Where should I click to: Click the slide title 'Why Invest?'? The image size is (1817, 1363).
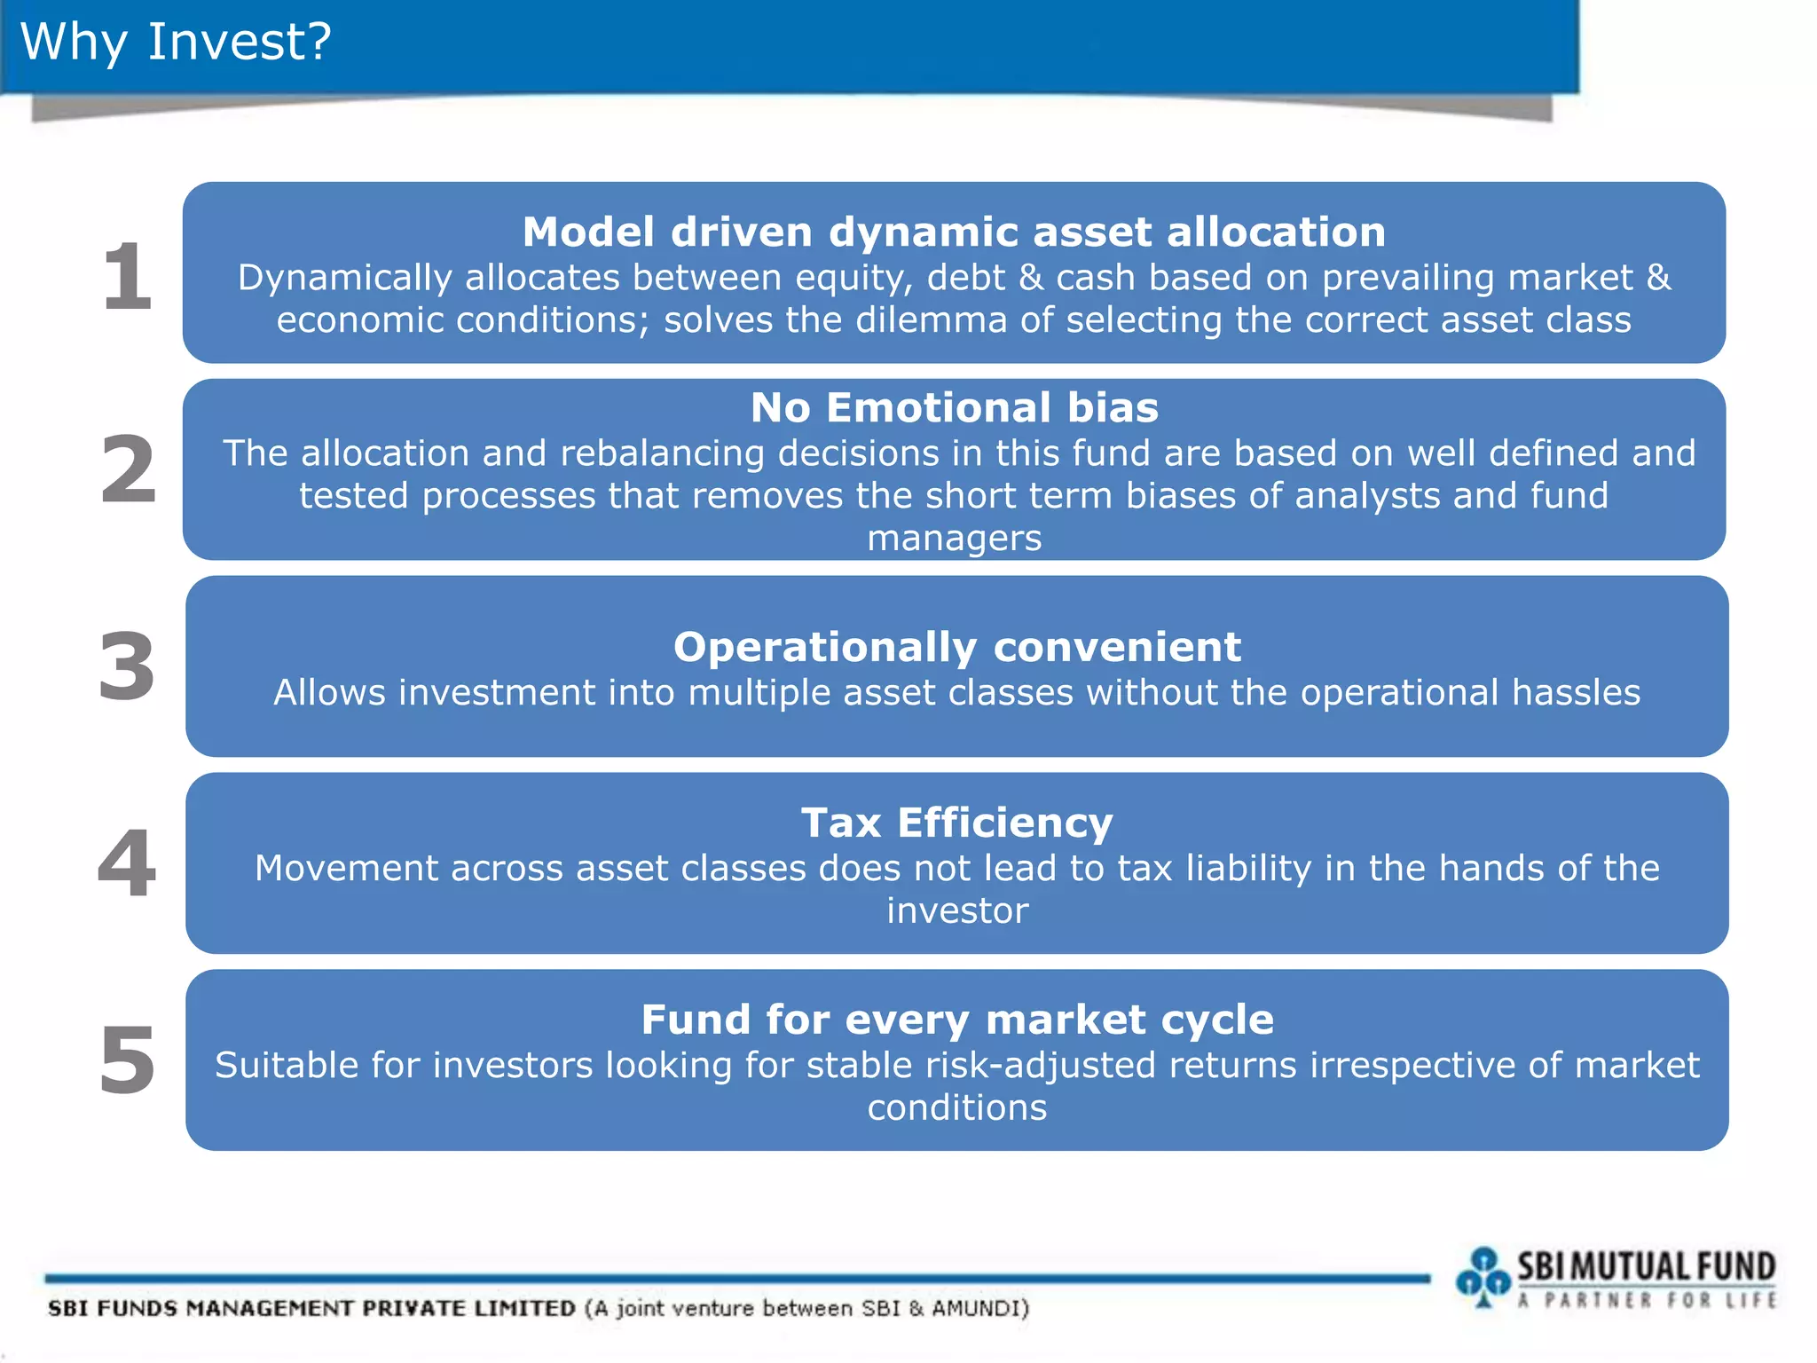pos(176,42)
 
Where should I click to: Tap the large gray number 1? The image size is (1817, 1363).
pos(127,277)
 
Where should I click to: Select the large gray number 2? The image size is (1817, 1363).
pos(128,469)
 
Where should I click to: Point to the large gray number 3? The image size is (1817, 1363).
pos(127,666)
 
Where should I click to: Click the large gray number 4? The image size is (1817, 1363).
pos(127,863)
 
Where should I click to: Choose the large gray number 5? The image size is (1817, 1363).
pos(127,1060)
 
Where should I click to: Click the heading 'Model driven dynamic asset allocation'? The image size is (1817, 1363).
pos(954,232)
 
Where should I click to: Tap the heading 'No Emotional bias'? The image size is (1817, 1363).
pos(954,408)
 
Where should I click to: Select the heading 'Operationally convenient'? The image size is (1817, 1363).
pos(956,647)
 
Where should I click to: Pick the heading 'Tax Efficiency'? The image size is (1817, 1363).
pos(956,823)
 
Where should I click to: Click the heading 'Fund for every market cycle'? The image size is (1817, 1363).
pos(956,1020)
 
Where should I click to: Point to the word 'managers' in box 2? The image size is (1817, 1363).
pos(954,539)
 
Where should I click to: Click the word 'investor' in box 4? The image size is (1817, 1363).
pos(956,911)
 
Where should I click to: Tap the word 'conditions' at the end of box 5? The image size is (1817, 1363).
pos(956,1108)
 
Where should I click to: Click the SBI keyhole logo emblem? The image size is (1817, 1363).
pos(1483,1277)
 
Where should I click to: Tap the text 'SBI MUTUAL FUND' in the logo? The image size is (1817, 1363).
pos(1646,1266)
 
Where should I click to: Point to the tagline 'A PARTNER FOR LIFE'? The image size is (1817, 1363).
pos(1646,1301)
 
